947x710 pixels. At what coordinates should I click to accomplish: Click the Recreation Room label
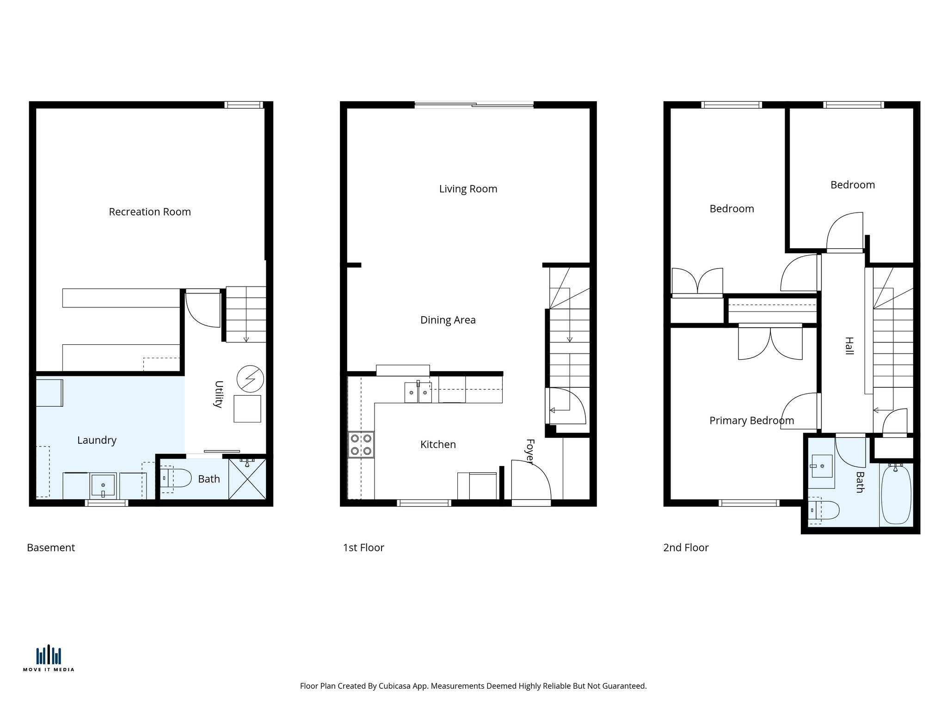[x=150, y=212]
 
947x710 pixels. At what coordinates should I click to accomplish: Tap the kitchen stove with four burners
[x=361, y=444]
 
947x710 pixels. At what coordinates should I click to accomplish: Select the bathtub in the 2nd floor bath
[x=896, y=495]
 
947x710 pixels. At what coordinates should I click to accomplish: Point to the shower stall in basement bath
[x=247, y=479]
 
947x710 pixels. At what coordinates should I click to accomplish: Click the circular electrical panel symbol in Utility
[x=250, y=379]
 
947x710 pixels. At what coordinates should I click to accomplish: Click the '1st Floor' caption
[x=363, y=548]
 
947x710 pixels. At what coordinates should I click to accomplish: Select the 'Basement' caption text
[x=51, y=548]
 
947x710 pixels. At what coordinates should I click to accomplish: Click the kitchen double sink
[x=418, y=392]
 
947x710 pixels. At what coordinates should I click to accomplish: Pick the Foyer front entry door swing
[x=531, y=481]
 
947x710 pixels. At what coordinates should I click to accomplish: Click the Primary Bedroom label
[x=751, y=421]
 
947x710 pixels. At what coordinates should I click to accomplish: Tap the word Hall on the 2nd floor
[x=849, y=346]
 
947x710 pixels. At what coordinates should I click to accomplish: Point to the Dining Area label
[x=448, y=320]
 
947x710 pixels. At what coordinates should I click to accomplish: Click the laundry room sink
[x=103, y=485]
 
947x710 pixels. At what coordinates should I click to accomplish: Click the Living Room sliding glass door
[x=474, y=105]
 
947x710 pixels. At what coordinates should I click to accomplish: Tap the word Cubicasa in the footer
[x=395, y=686]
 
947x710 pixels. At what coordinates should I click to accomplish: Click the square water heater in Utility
[x=247, y=409]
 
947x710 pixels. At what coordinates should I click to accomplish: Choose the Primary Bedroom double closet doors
[x=770, y=343]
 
